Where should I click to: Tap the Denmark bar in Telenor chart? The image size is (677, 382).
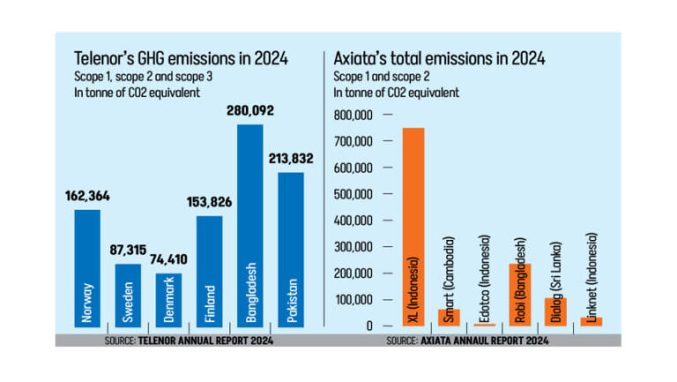pyautogui.click(x=168, y=301)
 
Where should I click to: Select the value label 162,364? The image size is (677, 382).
pyautogui.click(x=87, y=198)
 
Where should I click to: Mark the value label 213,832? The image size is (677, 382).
pyautogui.click(x=291, y=160)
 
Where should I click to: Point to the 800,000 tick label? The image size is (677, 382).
pyautogui.click(x=353, y=115)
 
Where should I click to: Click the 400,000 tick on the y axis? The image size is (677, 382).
pyautogui.click(x=353, y=221)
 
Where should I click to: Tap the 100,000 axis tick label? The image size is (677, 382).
pyautogui.click(x=353, y=300)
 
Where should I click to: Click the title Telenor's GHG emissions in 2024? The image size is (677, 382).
pyautogui.click(x=182, y=60)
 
